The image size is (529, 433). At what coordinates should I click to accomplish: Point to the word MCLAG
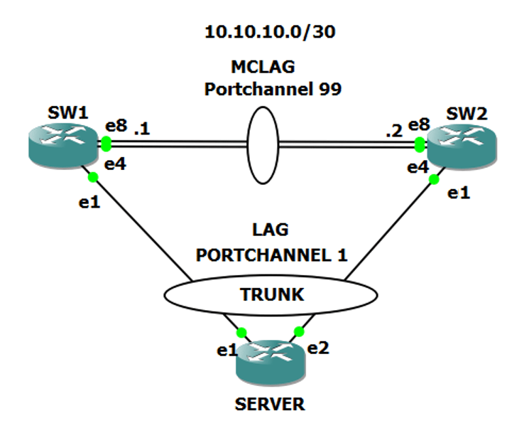click(262, 68)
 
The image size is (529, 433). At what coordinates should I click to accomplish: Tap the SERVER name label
click(271, 405)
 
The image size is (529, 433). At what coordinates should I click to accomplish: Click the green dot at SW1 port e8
click(106, 144)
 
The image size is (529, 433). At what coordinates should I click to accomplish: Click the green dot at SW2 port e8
click(420, 145)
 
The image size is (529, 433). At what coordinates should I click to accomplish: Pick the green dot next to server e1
click(241, 332)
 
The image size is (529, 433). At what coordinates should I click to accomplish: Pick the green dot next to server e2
click(298, 331)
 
